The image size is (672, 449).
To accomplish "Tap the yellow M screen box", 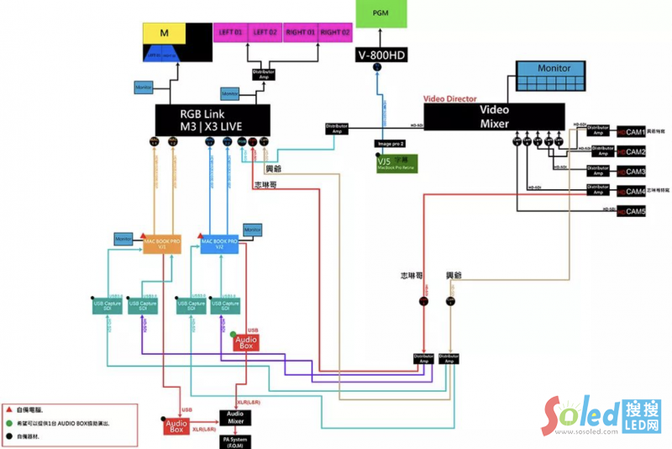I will coord(165,33).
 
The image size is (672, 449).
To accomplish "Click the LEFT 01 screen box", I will coord(229,32).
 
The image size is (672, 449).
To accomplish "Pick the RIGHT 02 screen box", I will coord(335,32).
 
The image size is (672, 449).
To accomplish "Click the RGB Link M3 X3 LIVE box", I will coord(213,119).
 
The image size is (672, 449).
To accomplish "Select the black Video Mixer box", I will coord(494,116).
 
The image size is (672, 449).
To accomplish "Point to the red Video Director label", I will coord(449,98).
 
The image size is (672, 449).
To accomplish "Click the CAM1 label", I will coord(631,133).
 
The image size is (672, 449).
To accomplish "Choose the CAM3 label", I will coord(631,172).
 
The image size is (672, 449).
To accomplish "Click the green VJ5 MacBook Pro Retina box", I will coord(396,163).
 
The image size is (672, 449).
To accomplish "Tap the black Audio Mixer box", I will coord(235,417).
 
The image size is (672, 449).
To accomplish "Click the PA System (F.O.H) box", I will coord(235,441).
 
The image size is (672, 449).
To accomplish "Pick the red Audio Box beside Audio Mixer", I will coord(176,426).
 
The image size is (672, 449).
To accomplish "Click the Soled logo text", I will coord(580,415).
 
